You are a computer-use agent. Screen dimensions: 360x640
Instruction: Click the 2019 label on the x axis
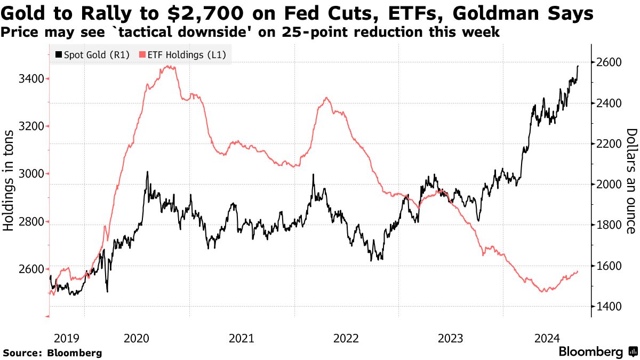coord(67,338)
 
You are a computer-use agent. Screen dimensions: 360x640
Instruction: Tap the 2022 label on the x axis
coord(346,338)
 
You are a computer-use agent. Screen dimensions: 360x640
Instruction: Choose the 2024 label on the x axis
coord(547,338)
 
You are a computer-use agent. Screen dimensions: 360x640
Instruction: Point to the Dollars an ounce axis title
coord(631,181)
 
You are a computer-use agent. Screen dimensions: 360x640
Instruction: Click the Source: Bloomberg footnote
coord(52,353)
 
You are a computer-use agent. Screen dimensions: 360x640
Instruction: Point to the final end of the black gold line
coord(579,66)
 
